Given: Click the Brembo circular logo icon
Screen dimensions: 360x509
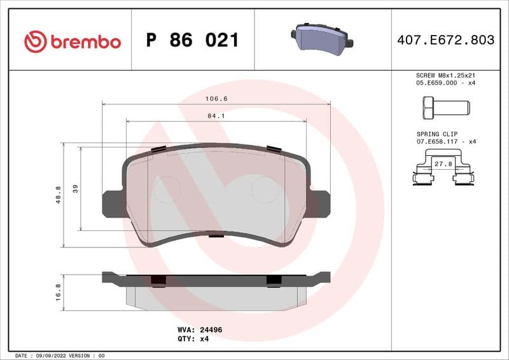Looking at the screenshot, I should [x=36, y=41].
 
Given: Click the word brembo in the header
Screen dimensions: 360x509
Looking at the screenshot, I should [x=85, y=42].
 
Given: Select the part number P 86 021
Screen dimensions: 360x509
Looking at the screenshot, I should [x=192, y=41].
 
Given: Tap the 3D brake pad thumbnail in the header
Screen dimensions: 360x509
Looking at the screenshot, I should [x=323, y=39].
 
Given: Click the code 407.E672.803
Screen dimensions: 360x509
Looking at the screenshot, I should [x=445, y=40].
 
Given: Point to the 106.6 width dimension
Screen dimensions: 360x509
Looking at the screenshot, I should [x=216, y=99].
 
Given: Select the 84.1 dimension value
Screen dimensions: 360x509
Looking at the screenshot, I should [x=216, y=116].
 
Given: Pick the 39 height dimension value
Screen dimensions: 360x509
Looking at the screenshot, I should [x=76, y=188].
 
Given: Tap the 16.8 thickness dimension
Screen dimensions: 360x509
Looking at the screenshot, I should [x=59, y=293].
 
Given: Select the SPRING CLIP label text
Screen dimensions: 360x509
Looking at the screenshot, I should [x=436, y=135].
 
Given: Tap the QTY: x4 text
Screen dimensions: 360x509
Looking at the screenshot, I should [x=193, y=339].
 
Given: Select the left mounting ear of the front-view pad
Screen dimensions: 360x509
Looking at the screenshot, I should [x=112, y=203].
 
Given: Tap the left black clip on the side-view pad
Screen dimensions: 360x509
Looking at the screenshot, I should [x=158, y=280].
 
